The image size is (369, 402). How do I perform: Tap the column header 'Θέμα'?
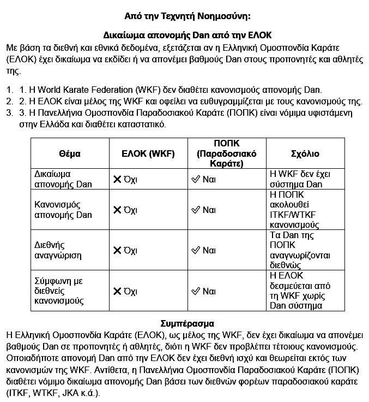point(69,153)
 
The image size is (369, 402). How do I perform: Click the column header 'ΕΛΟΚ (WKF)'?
point(148,153)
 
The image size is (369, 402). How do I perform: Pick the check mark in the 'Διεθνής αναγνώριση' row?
point(196,250)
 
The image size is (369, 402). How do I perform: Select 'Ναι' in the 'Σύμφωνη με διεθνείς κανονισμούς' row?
point(209,291)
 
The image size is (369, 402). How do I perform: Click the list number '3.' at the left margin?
point(10,113)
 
